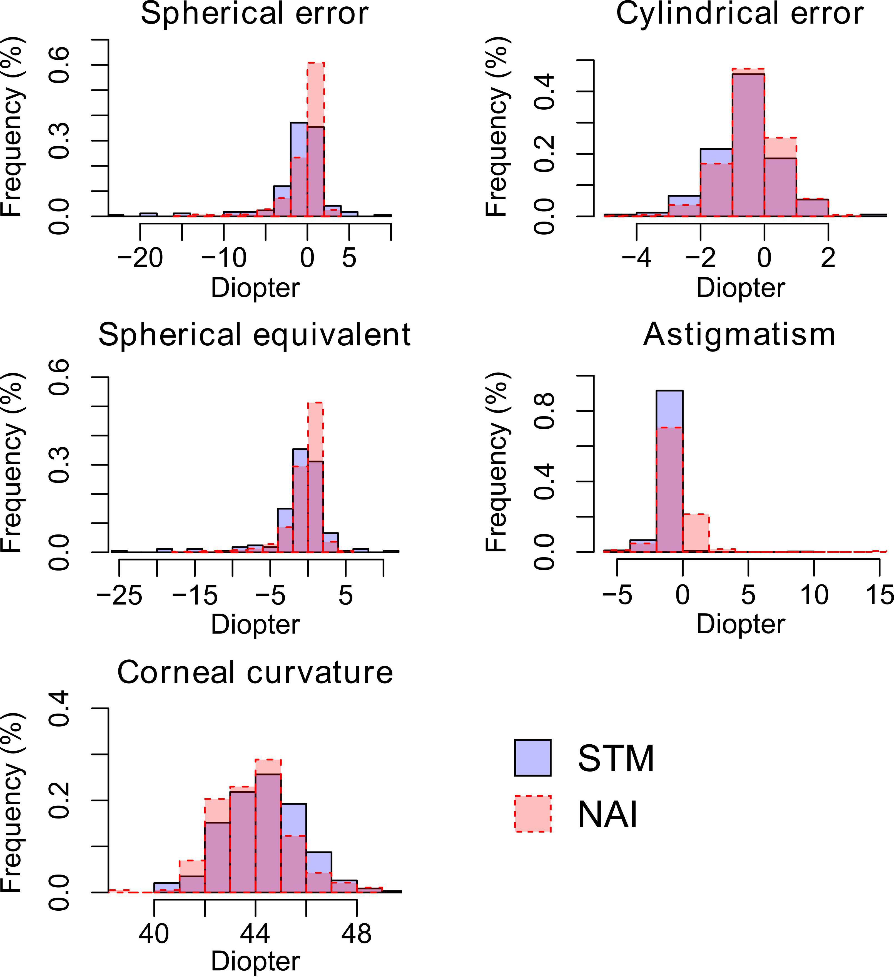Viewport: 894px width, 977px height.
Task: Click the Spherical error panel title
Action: pyautogui.click(x=254, y=14)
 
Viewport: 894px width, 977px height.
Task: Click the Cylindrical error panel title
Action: pyautogui.click(x=740, y=14)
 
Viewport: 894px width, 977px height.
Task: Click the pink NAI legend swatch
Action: pyautogui.click(x=533, y=814)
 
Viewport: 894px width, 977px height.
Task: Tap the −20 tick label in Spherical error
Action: pyautogui.click(x=140, y=258)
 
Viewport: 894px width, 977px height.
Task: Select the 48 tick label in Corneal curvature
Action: pyautogui.click(x=357, y=934)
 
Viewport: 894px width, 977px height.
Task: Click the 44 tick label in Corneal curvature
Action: pyautogui.click(x=255, y=934)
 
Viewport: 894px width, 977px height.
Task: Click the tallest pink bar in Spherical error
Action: pyautogui.click(x=316, y=97)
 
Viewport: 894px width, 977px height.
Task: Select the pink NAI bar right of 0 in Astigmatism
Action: pyautogui.click(x=696, y=533)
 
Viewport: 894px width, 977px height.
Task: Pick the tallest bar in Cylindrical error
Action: pyautogui.click(x=748, y=145)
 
